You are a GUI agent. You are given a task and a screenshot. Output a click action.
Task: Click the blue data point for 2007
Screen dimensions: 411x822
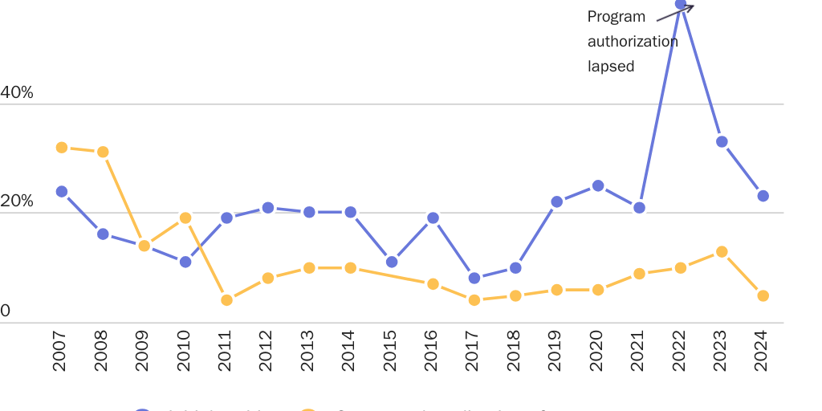62,192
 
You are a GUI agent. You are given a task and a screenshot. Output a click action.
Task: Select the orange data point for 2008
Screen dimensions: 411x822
103,153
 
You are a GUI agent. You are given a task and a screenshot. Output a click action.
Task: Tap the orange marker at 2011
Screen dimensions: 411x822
226,300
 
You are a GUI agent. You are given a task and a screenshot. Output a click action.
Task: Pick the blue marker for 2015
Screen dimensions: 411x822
392,262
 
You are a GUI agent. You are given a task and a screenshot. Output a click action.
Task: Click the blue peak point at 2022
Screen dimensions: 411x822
681,5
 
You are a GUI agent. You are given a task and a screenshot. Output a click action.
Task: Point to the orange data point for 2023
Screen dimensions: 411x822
722,252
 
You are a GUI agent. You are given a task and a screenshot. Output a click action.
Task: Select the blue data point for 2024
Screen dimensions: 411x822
763,196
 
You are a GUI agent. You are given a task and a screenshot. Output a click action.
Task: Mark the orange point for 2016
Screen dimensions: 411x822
433,284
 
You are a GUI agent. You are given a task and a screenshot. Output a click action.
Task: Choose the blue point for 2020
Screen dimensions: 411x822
598,186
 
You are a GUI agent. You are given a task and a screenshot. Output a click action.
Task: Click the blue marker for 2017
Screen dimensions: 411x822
474,279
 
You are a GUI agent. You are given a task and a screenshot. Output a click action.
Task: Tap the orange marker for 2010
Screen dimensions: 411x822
185,218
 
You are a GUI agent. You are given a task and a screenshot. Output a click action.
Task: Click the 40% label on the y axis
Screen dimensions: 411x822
17,93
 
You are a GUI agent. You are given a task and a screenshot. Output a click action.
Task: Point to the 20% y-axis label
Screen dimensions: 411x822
17,201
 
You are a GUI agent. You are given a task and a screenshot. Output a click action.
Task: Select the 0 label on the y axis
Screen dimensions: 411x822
6,311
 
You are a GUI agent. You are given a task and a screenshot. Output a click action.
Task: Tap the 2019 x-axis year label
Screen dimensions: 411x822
556,351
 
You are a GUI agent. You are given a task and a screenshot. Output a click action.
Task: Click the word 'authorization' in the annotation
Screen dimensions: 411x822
633,42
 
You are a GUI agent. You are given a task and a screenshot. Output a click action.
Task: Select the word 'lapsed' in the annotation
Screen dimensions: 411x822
611,67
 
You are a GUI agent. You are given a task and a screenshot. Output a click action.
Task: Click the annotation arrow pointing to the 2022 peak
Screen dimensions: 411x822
674,13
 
